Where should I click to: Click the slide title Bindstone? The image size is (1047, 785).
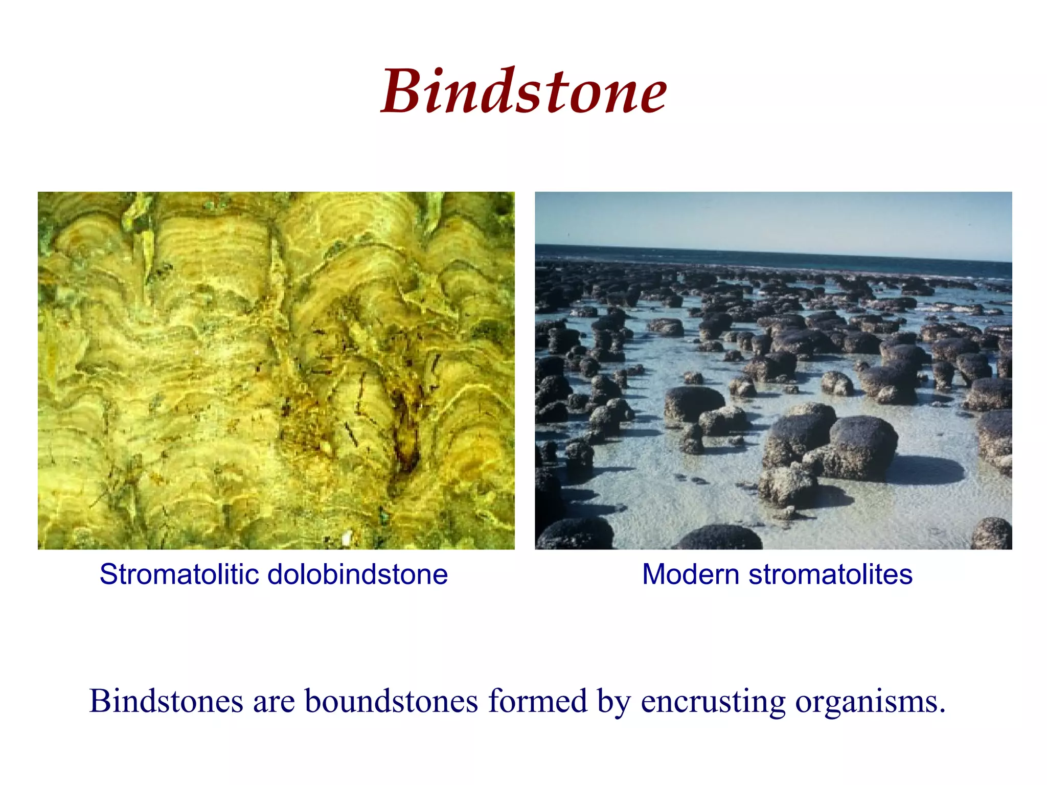[524, 92]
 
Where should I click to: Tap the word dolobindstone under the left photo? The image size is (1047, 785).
[357, 574]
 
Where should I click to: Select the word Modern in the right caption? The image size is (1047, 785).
[690, 574]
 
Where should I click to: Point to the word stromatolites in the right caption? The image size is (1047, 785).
[830, 574]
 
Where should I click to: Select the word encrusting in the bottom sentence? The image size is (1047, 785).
[713, 702]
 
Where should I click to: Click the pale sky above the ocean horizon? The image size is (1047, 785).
[767, 220]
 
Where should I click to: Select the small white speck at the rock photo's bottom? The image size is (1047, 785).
[347, 538]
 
